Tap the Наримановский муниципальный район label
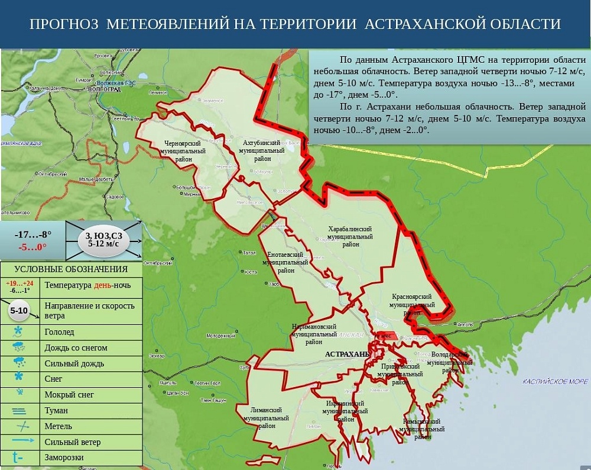314,334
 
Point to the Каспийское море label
554,382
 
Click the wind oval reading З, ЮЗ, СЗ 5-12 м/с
103,239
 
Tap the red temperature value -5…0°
33,247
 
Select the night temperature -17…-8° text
33,234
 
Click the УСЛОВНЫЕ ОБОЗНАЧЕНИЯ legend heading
71,269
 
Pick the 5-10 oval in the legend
19,310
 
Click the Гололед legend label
59,332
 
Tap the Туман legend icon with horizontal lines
19,410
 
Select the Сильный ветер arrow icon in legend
19,442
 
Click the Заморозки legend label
64,458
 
